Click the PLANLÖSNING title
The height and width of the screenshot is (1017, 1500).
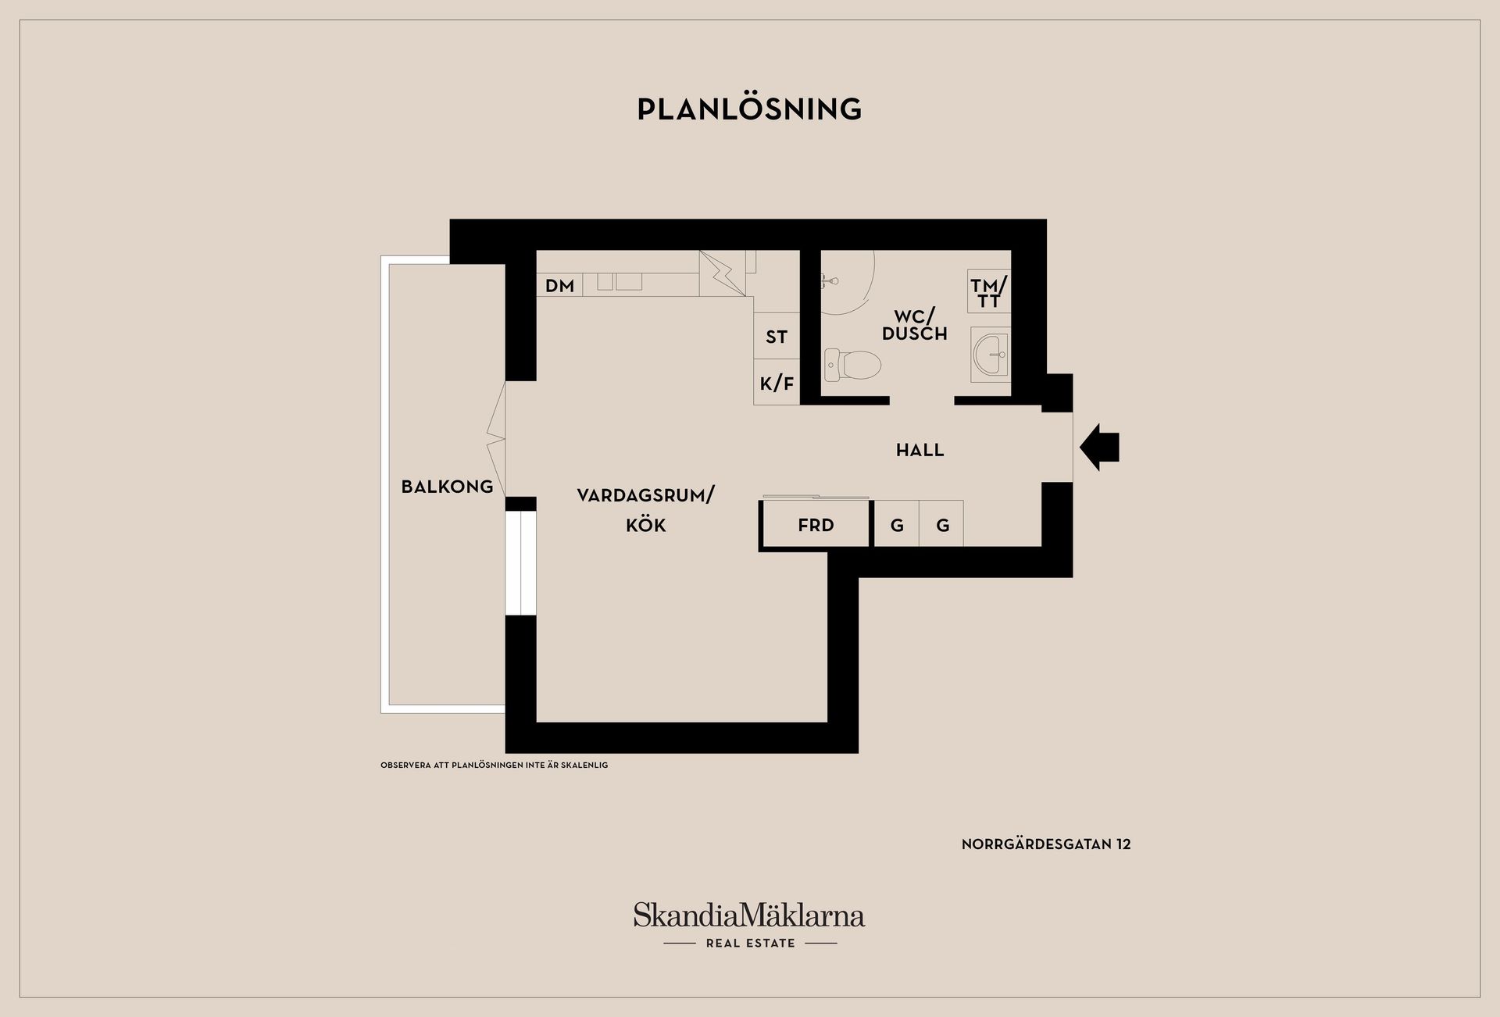pyautogui.click(x=749, y=109)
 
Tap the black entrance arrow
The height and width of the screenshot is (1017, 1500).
pyautogui.click(x=1100, y=448)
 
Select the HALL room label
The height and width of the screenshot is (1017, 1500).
pyautogui.click(x=920, y=450)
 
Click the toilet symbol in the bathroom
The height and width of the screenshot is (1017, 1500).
pyautogui.click(x=852, y=365)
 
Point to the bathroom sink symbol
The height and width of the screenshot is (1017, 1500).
pyautogui.click(x=990, y=355)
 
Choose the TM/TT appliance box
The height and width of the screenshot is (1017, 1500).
pyautogui.click(x=989, y=292)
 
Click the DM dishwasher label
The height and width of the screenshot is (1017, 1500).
pyautogui.click(x=559, y=286)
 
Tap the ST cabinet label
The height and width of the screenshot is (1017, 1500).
pyautogui.click(x=777, y=337)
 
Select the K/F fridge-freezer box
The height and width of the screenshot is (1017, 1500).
pyautogui.click(x=777, y=382)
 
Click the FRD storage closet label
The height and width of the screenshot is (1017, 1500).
pyautogui.click(x=816, y=526)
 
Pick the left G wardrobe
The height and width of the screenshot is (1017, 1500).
pyautogui.click(x=896, y=523)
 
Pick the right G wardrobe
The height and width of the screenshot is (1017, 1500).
pyautogui.click(x=941, y=523)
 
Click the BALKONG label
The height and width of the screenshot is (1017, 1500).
pyautogui.click(x=447, y=487)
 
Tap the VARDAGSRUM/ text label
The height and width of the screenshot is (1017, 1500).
pyautogui.click(x=646, y=495)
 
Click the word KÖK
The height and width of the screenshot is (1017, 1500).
pyautogui.click(x=646, y=525)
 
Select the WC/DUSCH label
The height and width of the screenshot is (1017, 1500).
pyautogui.click(x=914, y=325)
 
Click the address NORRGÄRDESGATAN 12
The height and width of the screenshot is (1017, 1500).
pyautogui.click(x=1046, y=844)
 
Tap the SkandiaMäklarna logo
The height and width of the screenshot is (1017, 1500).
pyautogui.click(x=749, y=915)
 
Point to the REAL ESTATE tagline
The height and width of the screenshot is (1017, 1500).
pyautogui.click(x=750, y=944)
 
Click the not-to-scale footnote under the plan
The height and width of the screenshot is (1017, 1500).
pyautogui.click(x=494, y=765)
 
